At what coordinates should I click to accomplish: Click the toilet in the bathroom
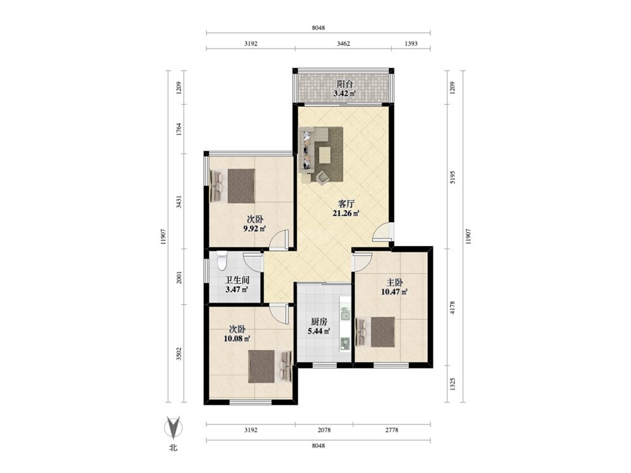pyautogui.click(x=221, y=260)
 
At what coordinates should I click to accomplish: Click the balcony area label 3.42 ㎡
pyautogui.click(x=345, y=94)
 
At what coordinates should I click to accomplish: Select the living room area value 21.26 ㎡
pyautogui.click(x=346, y=213)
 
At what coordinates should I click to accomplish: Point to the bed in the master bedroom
pyautogui.click(x=375, y=332)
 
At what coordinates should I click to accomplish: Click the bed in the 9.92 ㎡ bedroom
pyautogui.click(x=233, y=186)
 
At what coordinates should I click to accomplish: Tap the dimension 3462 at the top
pyautogui.click(x=343, y=44)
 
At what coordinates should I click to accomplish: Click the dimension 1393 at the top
pyautogui.click(x=411, y=44)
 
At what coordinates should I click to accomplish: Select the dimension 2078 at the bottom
pyautogui.click(x=324, y=430)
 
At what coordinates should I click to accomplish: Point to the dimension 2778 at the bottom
pyautogui.click(x=392, y=430)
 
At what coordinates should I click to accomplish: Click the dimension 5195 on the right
pyautogui.click(x=452, y=177)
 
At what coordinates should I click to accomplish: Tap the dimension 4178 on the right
pyautogui.click(x=452, y=307)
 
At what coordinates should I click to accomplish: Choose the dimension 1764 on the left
pyautogui.click(x=179, y=129)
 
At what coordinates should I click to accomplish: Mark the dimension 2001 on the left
pyautogui.click(x=179, y=277)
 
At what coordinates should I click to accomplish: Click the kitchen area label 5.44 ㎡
pyautogui.click(x=319, y=332)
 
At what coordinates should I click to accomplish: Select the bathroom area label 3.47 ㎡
pyautogui.click(x=236, y=289)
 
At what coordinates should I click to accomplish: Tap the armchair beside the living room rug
pyautogui.click(x=322, y=177)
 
